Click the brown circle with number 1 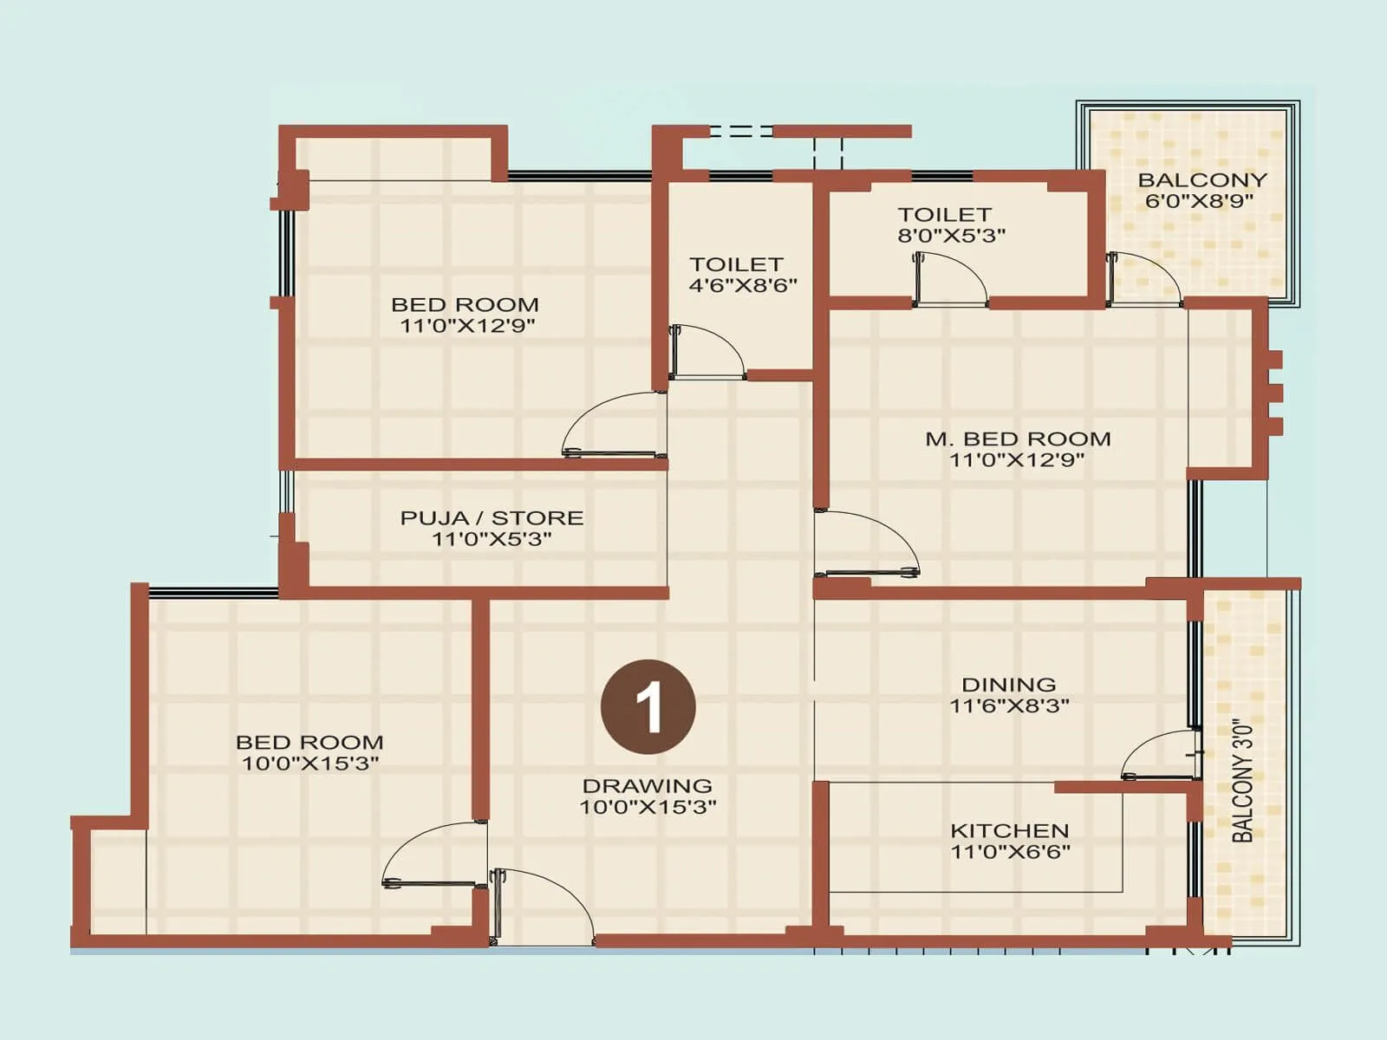[648, 706]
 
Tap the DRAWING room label [647, 786]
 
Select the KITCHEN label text [1009, 830]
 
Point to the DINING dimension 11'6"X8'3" [1009, 705]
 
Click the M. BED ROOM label [1018, 439]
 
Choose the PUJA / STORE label [492, 518]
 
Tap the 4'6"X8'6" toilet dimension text [743, 286]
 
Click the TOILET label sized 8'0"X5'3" [944, 215]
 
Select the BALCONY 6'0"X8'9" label [1201, 180]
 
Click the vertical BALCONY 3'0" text [1243, 780]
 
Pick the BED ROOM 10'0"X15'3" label [309, 743]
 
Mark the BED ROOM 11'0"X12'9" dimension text [467, 326]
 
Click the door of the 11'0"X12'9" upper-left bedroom [614, 425]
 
